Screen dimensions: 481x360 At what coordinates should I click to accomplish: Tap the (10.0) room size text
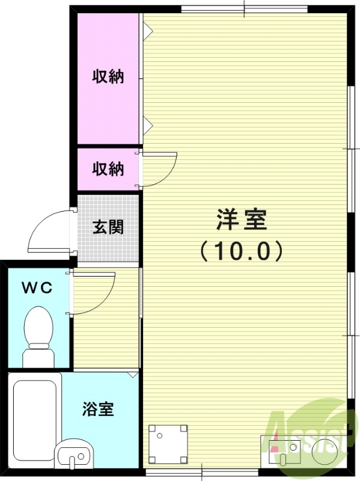tap(241, 251)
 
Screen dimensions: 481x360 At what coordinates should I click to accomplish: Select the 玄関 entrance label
tap(108, 227)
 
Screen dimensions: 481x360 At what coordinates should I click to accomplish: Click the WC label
tap(37, 287)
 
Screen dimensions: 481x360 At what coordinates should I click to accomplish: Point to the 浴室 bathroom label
tap(98, 410)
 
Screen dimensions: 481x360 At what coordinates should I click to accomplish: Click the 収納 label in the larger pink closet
tap(108, 77)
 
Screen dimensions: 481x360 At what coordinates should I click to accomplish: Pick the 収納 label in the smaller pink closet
tap(108, 169)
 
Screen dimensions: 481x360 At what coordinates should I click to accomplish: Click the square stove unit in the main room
tap(168, 444)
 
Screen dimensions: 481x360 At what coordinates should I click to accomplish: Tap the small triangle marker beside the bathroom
tap(133, 375)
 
